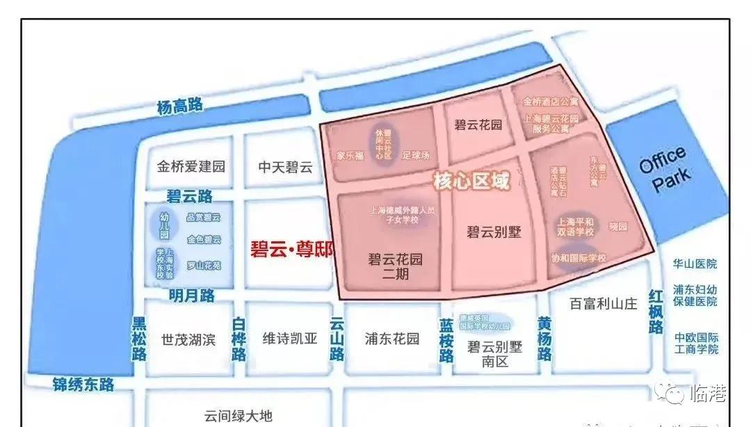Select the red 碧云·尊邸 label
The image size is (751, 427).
tap(291, 250)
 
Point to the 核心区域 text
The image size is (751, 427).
tap(471, 182)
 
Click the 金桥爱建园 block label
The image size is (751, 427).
tap(191, 167)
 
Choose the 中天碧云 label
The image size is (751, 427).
tap(286, 167)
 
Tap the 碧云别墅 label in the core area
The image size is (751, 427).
tap(494, 232)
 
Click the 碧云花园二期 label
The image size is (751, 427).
tap(395, 266)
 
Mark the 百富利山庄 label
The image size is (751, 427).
tap(603, 303)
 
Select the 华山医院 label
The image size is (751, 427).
tap(695, 264)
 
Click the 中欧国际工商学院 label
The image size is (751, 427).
tap(696, 344)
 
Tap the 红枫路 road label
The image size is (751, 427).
tap(656, 311)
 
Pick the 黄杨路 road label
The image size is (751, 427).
tap(545, 339)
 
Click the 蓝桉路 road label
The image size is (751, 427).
tap(446, 339)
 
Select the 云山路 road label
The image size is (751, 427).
tap(337, 339)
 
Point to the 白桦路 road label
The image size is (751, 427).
tap(239, 339)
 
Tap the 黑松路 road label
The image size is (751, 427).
tap(140, 339)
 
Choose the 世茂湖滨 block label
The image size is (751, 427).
tap(188, 339)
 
